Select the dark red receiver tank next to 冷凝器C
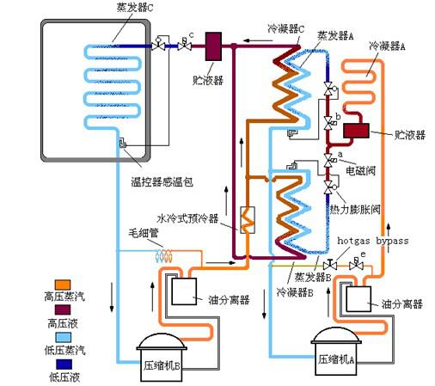(x=213, y=46)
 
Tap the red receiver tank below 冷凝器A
(x=356, y=131)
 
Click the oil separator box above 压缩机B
(x=184, y=291)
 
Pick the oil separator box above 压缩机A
(x=358, y=299)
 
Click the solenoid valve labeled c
(x=185, y=45)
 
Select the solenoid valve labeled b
(x=329, y=123)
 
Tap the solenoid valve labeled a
(x=329, y=160)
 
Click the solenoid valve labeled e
(x=356, y=264)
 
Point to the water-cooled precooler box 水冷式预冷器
(x=248, y=220)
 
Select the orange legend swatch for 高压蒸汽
(x=63, y=285)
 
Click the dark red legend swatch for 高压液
(x=63, y=310)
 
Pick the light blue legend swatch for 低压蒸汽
(x=63, y=337)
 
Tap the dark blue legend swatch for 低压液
(x=64, y=365)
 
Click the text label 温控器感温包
(x=162, y=182)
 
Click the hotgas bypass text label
(x=373, y=241)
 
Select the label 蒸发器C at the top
(x=135, y=8)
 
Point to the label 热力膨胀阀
(x=355, y=210)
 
